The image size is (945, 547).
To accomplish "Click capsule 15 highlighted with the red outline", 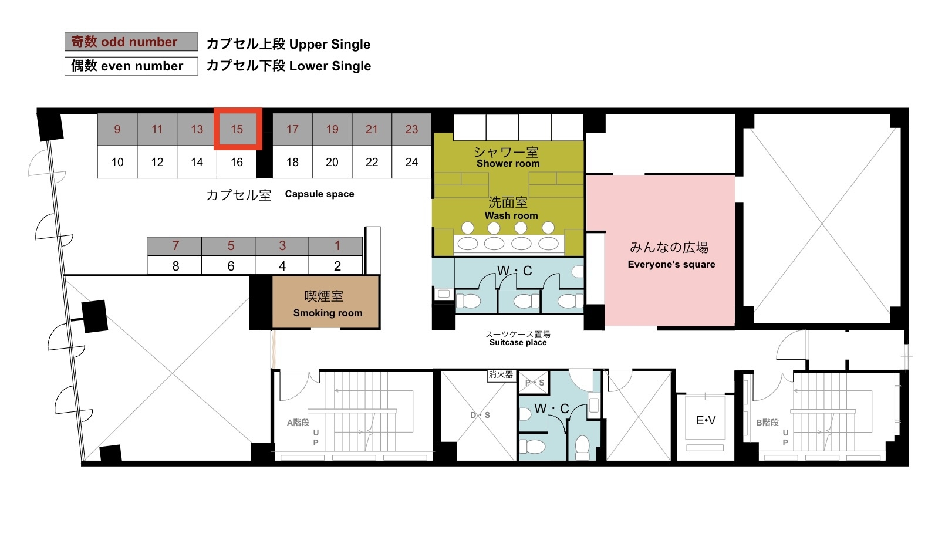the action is point(238,129).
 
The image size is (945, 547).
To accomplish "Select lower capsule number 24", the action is point(411,162).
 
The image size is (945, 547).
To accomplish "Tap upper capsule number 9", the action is point(117,129).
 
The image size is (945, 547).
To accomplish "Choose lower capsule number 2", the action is point(337,266).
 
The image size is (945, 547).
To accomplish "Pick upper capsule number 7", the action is point(176,246).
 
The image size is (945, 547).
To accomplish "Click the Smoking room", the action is point(325,302).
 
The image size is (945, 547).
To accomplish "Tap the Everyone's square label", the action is point(671,265).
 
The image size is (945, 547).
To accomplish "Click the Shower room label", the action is point(508,164).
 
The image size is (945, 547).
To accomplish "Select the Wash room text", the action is point(511,215).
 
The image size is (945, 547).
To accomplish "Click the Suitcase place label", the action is point(518,342).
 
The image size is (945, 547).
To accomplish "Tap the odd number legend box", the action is point(131,42).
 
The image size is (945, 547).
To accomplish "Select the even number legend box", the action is point(131,66).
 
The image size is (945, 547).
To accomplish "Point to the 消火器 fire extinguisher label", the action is point(501,375).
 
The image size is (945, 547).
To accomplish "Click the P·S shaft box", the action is point(534,383).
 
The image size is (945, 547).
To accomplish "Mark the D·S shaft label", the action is point(480,415).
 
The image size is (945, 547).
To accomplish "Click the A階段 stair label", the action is point(298,423).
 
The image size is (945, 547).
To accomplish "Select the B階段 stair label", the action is point(767,423).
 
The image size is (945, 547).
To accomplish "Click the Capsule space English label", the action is point(319,194).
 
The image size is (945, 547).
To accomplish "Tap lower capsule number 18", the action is point(292,162).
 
